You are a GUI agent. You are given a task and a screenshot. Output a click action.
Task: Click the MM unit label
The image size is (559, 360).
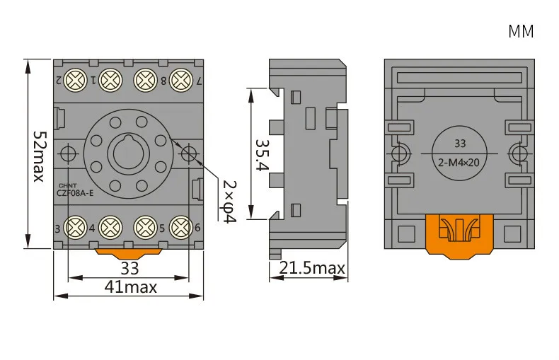point(521,31)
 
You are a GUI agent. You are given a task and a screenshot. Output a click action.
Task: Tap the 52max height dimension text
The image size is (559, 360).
point(39,156)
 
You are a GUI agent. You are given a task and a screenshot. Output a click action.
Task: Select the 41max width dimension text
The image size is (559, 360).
point(130,287)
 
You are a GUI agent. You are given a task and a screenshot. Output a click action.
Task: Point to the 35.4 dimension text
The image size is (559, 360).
point(263,155)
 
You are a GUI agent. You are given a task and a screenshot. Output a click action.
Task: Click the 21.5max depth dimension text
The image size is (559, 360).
point(312,267)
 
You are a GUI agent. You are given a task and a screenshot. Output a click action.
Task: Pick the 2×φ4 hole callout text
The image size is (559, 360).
point(229,202)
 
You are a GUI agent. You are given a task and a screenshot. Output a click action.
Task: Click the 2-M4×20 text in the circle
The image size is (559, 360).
point(459,163)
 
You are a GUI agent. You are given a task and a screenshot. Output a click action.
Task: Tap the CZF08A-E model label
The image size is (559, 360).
point(75,193)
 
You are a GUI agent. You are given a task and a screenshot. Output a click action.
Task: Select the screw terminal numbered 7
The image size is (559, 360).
point(181,80)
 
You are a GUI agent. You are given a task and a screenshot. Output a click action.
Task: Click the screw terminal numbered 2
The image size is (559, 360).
point(76,80)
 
